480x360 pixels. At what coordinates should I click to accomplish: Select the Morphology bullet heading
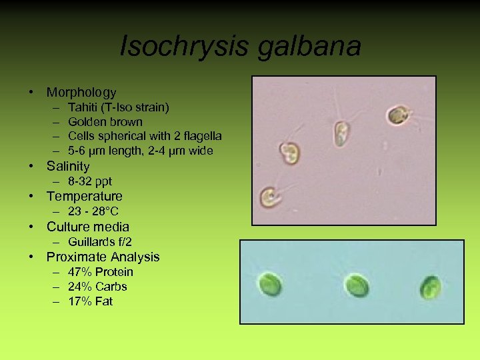pyautogui.click(x=81, y=93)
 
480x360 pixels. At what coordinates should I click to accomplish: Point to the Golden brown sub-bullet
pyautogui.click(x=105, y=122)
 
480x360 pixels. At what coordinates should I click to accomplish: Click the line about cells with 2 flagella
pyautogui.click(x=145, y=137)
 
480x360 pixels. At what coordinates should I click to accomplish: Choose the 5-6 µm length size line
pyautogui.click(x=140, y=151)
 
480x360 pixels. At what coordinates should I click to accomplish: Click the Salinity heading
pyautogui.click(x=67, y=166)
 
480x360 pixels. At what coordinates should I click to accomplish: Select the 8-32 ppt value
pyautogui.click(x=90, y=181)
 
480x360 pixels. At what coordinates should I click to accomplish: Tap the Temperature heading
pyautogui.click(x=84, y=196)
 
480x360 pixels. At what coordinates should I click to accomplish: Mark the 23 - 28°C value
pyautogui.click(x=93, y=211)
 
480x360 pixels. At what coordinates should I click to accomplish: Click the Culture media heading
pyautogui.click(x=87, y=227)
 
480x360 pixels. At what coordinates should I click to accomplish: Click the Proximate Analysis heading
pyautogui.click(x=103, y=257)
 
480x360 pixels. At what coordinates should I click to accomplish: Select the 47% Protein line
pyautogui.click(x=100, y=272)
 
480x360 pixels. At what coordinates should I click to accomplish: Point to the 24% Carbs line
pyautogui.click(x=97, y=287)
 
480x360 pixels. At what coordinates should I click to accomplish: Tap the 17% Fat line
pyautogui.click(x=90, y=301)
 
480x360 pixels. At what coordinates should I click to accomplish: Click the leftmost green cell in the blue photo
pyautogui.click(x=270, y=285)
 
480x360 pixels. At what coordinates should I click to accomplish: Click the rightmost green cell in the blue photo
pyautogui.click(x=430, y=287)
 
